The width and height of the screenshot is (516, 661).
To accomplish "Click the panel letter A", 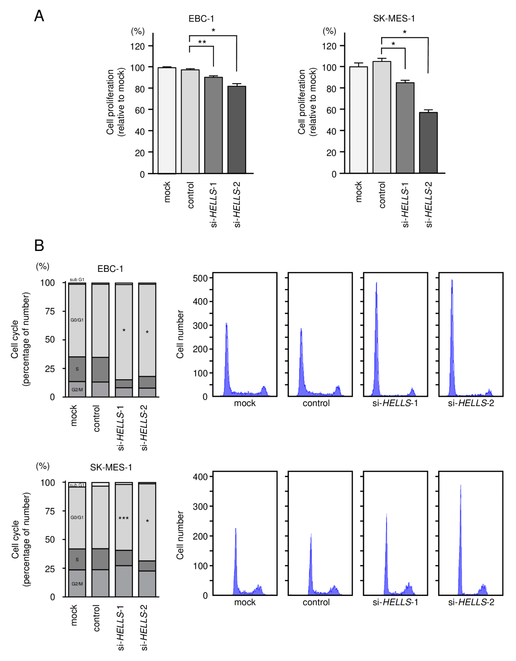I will [x=39, y=16].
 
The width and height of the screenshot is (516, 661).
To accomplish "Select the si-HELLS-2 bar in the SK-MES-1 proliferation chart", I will [x=428, y=143].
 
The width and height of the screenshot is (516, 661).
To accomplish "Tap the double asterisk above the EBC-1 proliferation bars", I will [x=202, y=42].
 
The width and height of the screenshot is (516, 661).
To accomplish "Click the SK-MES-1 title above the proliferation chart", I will [x=394, y=19].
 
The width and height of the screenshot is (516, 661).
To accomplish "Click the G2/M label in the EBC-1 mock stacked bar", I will [x=77, y=390].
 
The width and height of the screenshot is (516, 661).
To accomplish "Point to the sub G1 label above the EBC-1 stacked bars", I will [x=77, y=280].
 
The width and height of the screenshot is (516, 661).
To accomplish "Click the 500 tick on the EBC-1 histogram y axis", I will [x=201, y=278].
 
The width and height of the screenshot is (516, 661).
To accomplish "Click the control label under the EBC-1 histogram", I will [x=316, y=403].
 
